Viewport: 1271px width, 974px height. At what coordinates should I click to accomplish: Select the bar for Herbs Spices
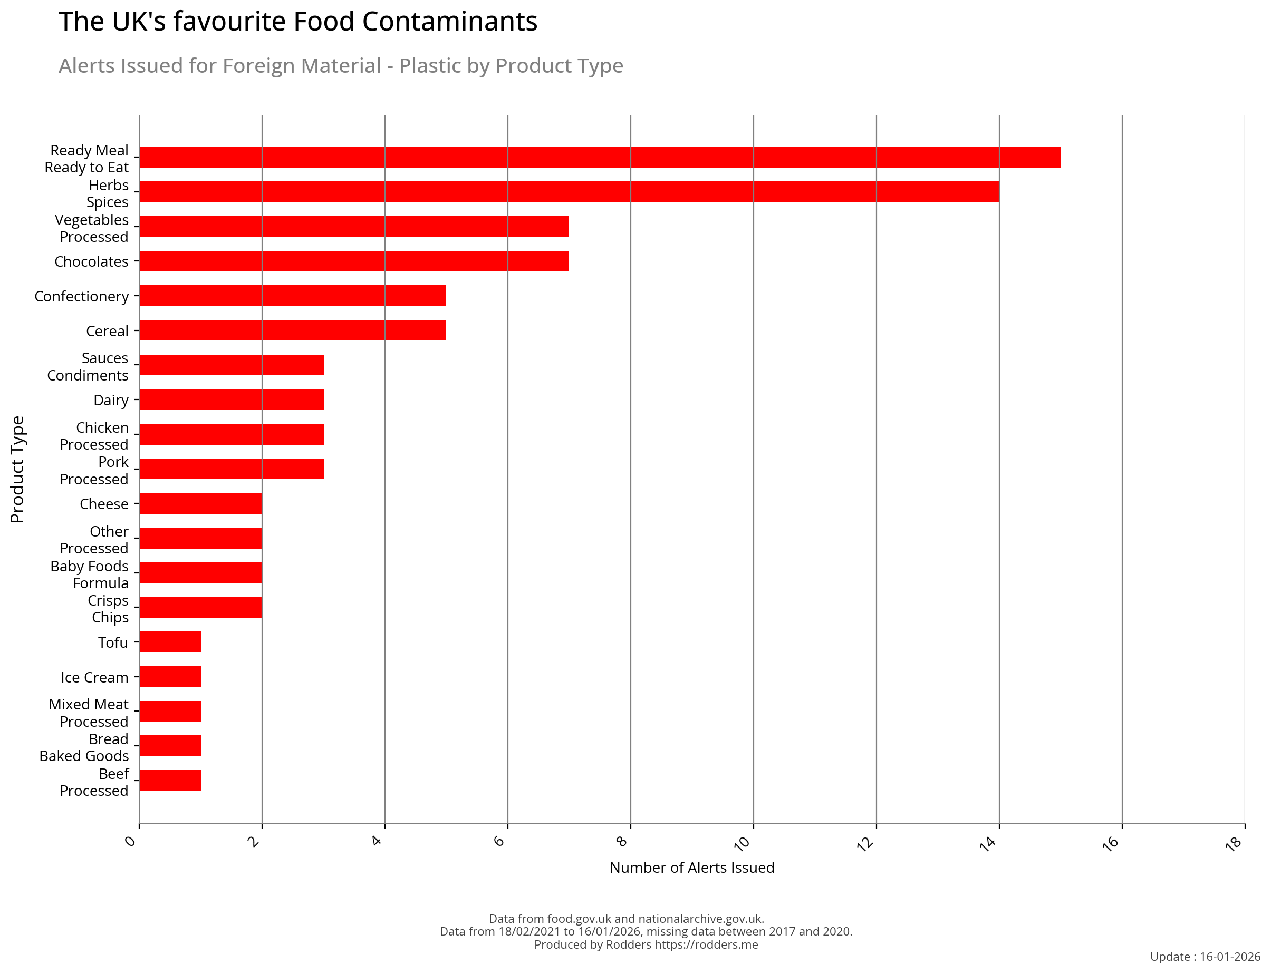(x=569, y=192)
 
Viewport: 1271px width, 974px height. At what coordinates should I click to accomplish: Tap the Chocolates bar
(x=354, y=261)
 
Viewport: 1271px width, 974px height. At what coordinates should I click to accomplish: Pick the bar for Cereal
(x=292, y=330)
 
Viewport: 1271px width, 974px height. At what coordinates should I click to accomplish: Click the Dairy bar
(x=232, y=400)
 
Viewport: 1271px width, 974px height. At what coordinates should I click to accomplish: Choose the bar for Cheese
(x=201, y=503)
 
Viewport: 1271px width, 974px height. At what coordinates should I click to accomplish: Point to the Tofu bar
(x=170, y=642)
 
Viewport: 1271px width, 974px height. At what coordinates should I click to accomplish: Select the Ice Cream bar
(x=170, y=677)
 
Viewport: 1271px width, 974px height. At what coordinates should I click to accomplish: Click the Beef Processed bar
(x=170, y=781)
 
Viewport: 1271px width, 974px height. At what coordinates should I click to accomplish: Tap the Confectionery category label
(x=81, y=296)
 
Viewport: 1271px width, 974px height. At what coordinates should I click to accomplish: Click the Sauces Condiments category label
(x=88, y=367)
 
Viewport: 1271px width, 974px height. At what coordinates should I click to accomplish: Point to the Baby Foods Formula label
(x=89, y=574)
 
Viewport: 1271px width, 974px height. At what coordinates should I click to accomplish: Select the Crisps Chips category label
(x=109, y=609)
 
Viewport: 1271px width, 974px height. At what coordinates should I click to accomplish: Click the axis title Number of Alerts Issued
(x=691, y=868)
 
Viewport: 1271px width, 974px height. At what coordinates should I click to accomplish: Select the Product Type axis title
(x=17, y=470)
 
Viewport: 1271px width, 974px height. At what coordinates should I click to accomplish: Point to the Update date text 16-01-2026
(x=1230, y=957)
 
